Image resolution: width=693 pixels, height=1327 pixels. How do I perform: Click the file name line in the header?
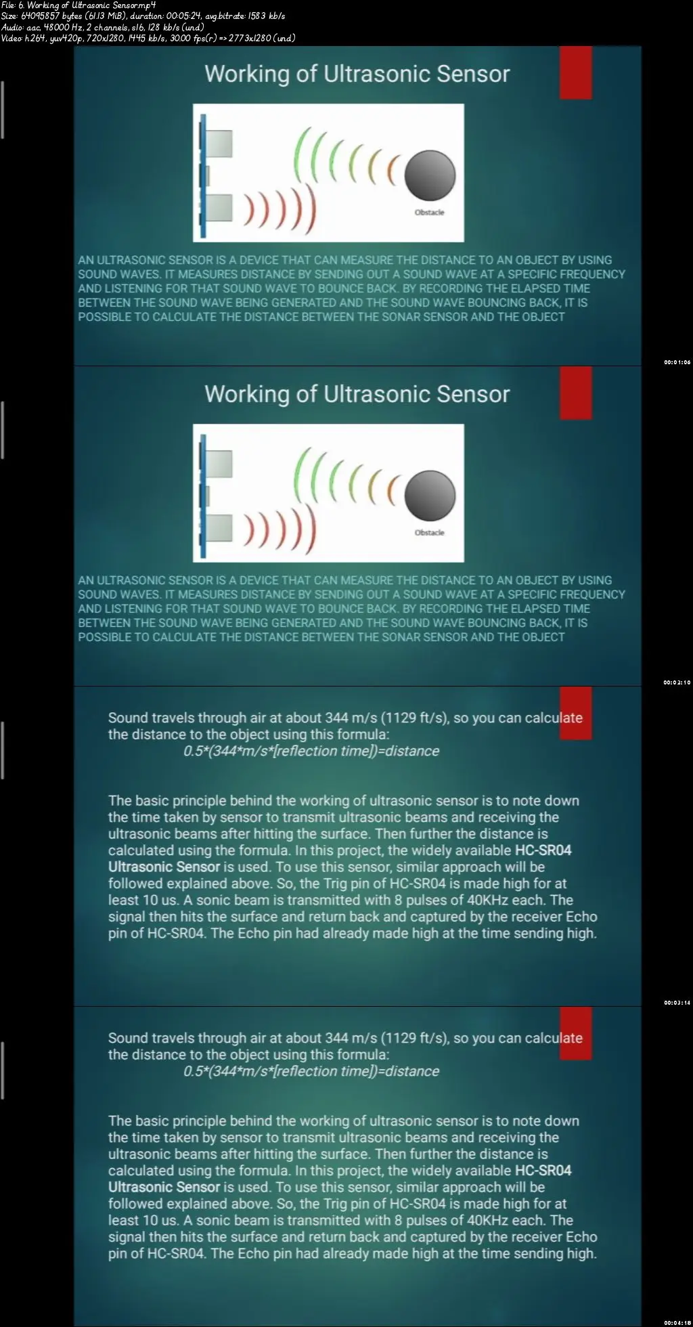79,5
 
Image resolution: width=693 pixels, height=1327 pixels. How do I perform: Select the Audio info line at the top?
102,27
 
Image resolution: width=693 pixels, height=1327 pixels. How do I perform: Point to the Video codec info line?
148,38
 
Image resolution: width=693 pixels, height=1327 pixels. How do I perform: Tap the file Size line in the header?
143,16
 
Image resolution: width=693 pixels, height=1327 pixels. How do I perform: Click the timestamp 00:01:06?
677,362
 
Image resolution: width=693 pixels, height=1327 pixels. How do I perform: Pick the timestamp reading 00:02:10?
677,682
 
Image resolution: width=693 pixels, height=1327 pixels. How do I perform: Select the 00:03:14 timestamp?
677,1003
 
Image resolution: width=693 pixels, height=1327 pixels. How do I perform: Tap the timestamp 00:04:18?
677,1323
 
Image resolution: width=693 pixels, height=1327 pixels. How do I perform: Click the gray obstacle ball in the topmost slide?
430,175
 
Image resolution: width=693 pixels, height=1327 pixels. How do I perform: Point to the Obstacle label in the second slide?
429,533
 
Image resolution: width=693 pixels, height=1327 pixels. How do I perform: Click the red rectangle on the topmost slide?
575,72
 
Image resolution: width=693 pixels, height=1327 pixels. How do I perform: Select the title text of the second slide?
357,394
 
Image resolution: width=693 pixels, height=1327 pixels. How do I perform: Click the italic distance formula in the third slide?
311,751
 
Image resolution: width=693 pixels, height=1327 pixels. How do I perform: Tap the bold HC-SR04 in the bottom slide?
543,1171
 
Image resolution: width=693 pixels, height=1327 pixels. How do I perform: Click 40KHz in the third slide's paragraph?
488,900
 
